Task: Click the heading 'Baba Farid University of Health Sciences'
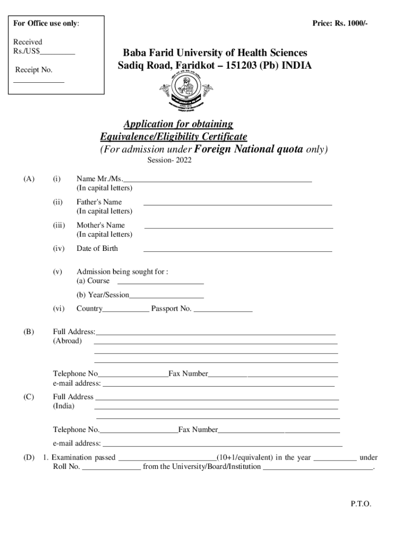(215, 53)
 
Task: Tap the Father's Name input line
(237, 205)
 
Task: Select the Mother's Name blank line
(239, 228)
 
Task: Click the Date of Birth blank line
(237, 251)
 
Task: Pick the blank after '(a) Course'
(160, 283)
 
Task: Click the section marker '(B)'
(29, 332)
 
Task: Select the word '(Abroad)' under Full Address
(67, 341)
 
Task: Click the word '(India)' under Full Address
(64, 405)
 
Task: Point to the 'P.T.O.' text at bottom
(361, 504)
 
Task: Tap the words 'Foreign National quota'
(248, 150)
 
